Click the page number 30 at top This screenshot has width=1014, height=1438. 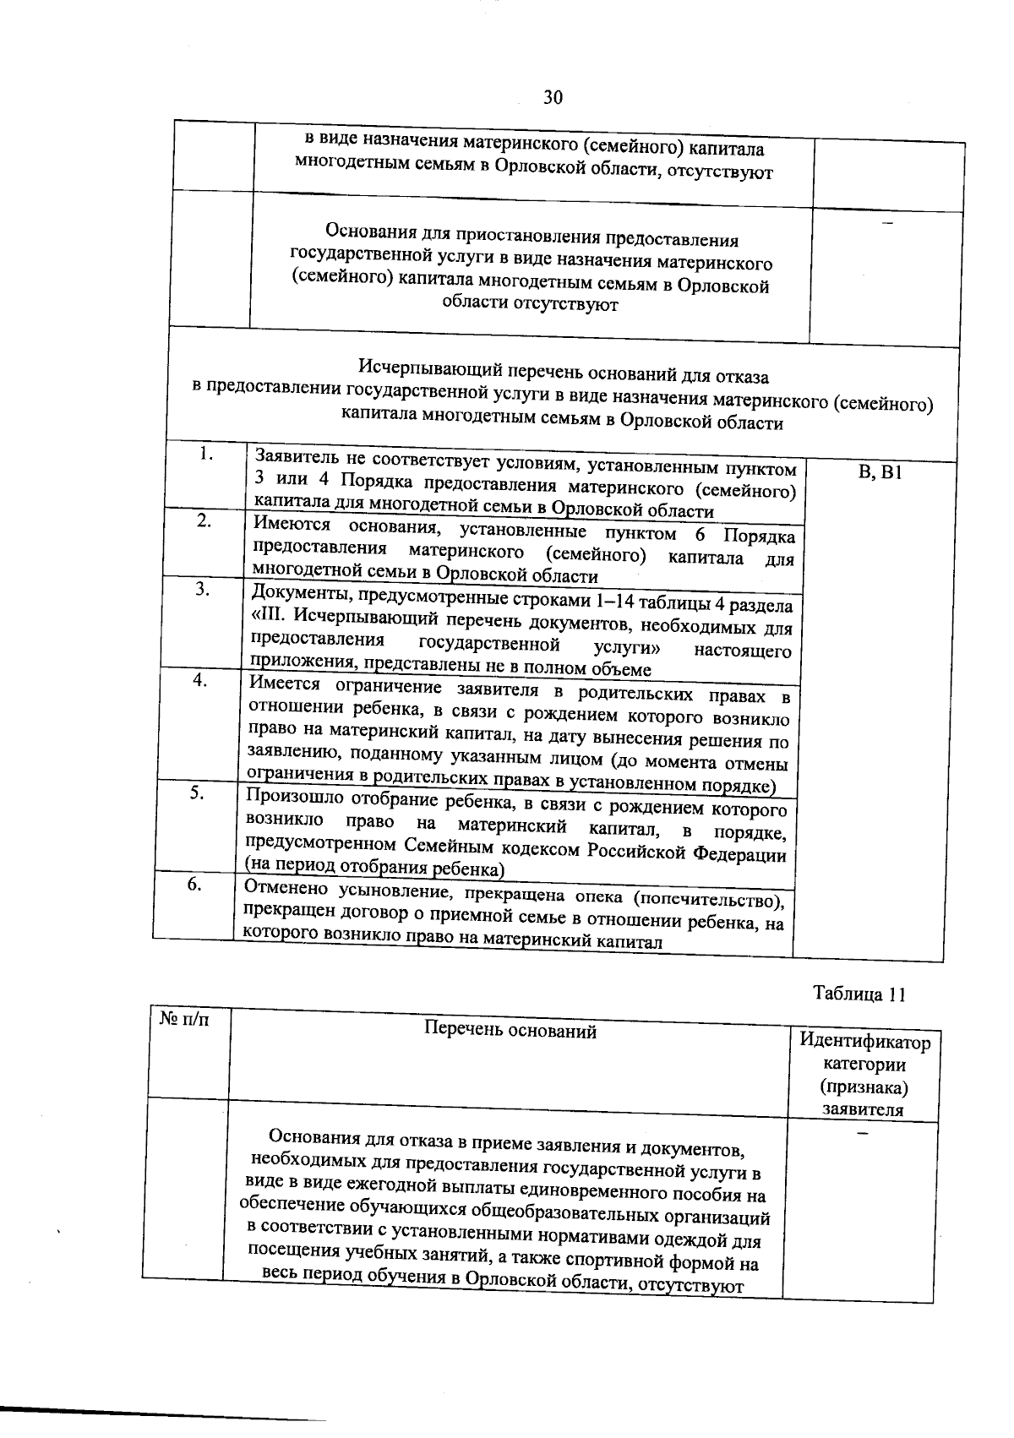point(553,97)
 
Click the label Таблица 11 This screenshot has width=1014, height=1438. point(859,994)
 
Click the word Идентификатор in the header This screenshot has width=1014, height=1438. point(864,1042)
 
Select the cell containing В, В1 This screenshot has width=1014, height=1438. point(880,472)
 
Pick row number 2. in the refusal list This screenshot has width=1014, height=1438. point(204,520)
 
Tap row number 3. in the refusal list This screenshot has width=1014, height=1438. point(202,589)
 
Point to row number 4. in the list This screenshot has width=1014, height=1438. point(199,679)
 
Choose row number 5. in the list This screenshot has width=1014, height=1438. point(196,793)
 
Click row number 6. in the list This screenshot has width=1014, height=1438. point(194,884)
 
